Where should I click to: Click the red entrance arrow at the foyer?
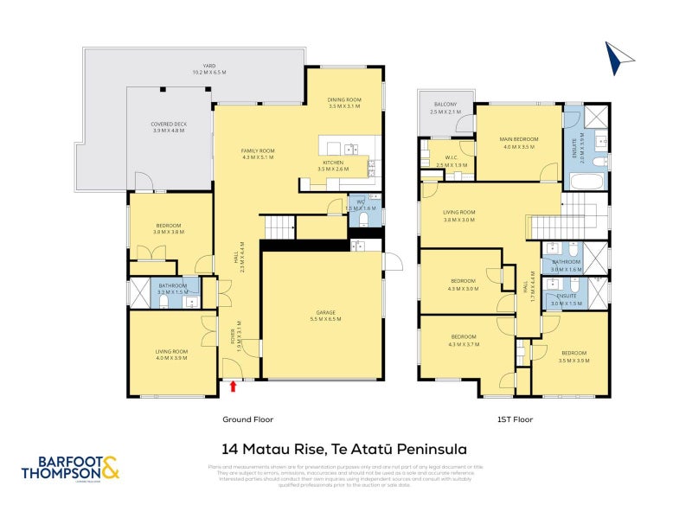[x=233, y=387]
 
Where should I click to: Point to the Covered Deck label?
[x=169, y=127]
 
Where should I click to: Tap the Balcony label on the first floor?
[x=445, y=108]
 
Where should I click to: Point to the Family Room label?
[x=258, y=154]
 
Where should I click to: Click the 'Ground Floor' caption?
[x=247, y=419]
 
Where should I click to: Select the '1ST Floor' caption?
[x=514, y=419]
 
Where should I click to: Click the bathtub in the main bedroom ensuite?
[x=586, y=182]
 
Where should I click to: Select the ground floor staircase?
[x=279, y=228]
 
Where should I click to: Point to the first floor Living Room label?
[x=459, y=215]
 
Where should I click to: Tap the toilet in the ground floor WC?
[x=364, y=221]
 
